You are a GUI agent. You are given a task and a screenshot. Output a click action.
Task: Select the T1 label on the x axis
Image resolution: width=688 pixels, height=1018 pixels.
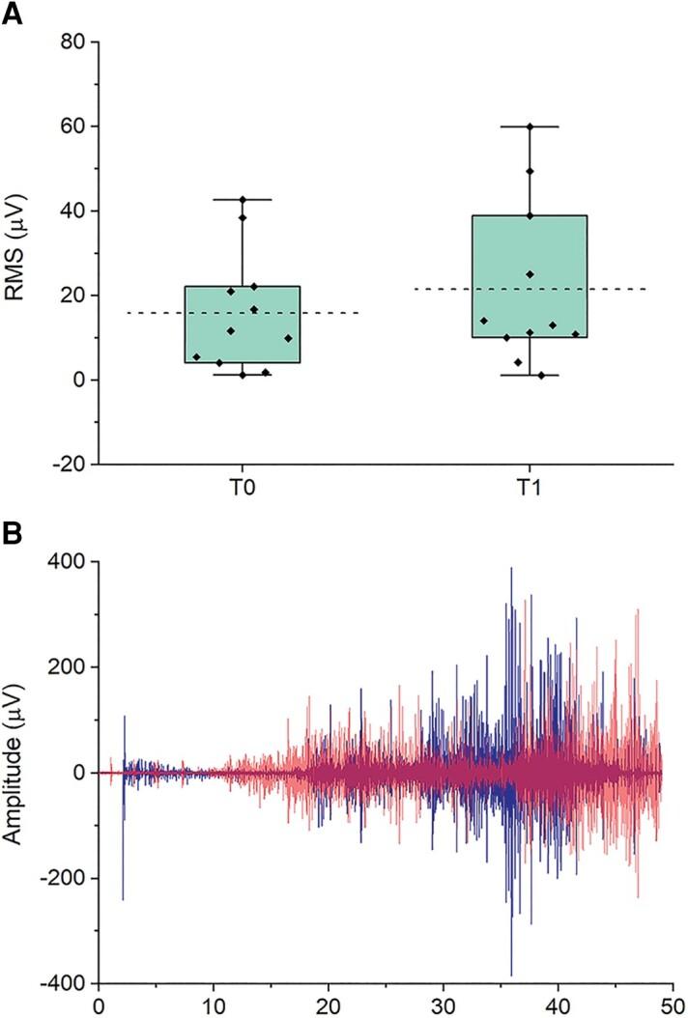click(x=529, y=489)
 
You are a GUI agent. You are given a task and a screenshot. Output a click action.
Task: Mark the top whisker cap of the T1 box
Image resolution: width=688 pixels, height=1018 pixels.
click(x=530, y=127)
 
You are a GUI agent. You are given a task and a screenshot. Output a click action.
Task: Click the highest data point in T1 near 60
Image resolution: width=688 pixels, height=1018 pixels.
click(x=530, y=127)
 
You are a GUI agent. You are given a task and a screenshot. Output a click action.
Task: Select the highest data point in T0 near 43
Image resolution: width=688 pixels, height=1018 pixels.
click(x=243, y=199)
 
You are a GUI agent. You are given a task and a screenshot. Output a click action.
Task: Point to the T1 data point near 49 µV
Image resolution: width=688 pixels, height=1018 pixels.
click(x=530, y=172)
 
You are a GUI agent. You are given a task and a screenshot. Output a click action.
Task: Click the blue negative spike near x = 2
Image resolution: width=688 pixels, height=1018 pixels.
click(x=123, y=898)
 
